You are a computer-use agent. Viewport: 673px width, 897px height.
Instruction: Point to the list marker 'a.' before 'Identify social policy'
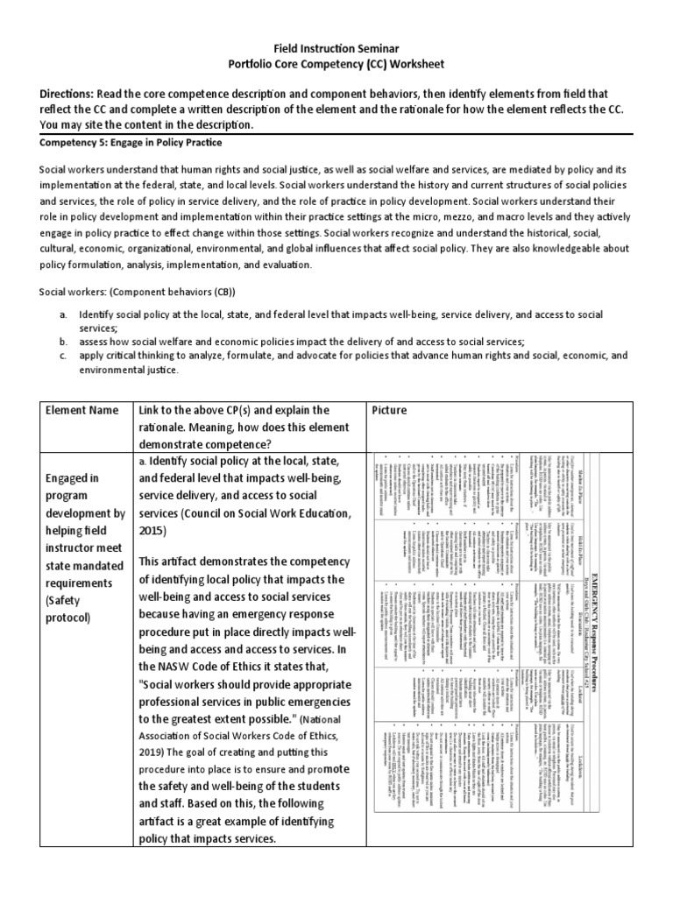point(63,314)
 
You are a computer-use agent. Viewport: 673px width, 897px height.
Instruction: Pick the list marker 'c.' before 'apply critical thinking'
point(63,357)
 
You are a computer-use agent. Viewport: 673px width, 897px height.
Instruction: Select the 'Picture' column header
point(393,410)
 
